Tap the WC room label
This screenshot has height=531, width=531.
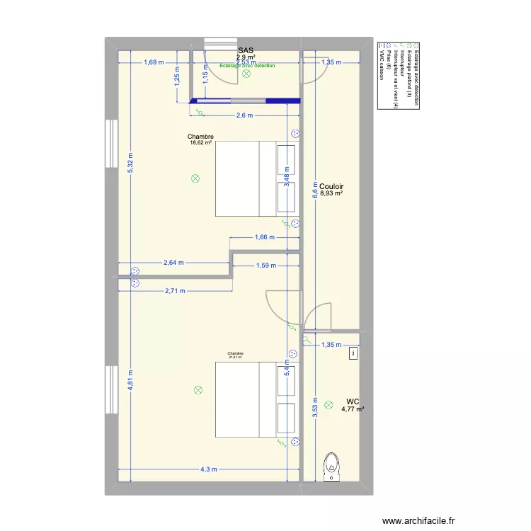click(x=353, y=401)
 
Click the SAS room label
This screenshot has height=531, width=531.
click(x=246, y=50)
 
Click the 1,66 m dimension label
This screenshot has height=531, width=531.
click(x=263, y=237)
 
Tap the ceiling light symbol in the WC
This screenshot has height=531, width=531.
click(x=329, y=405)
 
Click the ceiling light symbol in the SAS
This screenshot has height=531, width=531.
click(x=246, y=74)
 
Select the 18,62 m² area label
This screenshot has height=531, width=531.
click(x=200, y=142)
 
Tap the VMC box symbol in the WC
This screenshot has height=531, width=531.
click(x=353, y=352)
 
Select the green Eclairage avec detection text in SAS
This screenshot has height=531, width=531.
click(x=247, y=66)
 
